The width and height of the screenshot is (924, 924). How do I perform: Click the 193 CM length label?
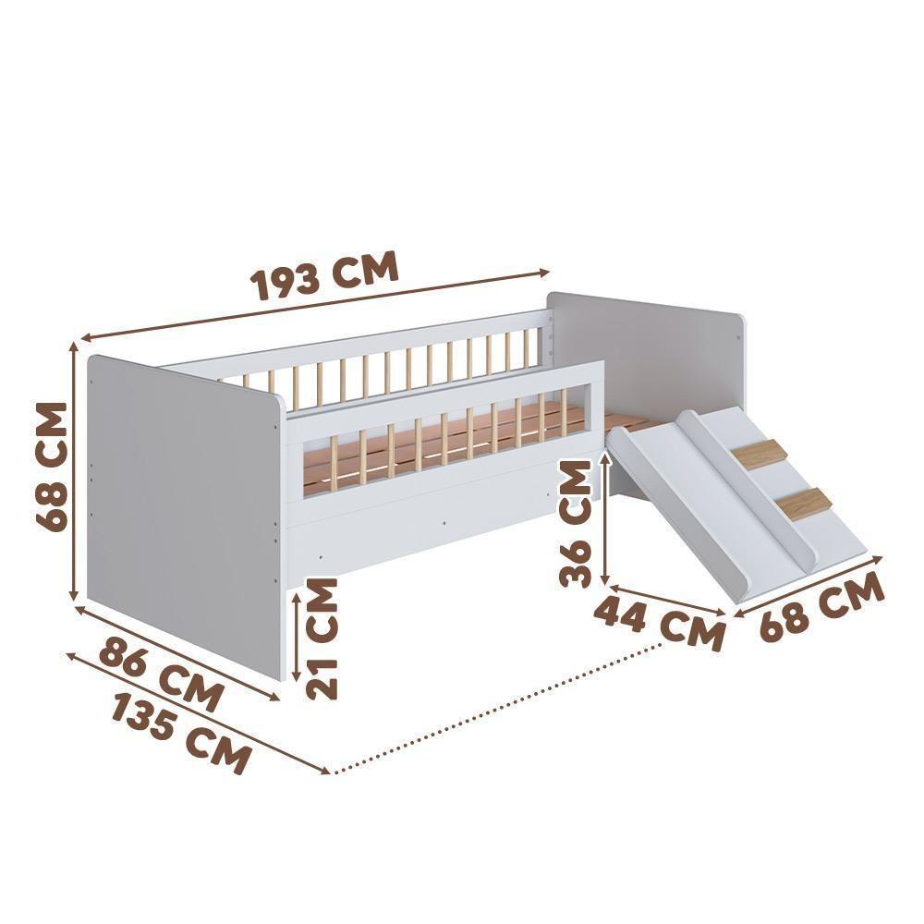click(325, 274)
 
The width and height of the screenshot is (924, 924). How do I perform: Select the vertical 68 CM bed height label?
click(53, 467)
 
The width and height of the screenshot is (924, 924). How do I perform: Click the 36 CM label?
click(576, 525)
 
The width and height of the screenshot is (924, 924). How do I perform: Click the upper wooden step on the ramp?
click(761, 455)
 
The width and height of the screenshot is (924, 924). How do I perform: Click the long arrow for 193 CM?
click(314, 304)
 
